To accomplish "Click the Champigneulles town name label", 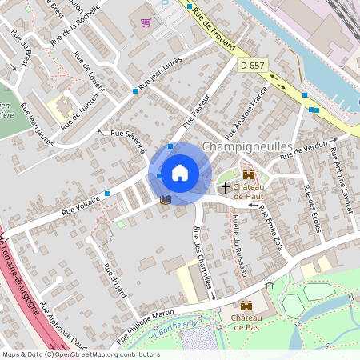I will coord(248,146).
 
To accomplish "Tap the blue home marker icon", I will coord(180,172).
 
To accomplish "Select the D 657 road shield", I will coord(253,64).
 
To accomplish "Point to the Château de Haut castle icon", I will coord(248,174).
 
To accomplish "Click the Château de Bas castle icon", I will coord(247,304).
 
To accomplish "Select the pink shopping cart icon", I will coord(146,22).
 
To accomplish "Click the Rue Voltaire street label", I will coord(86,204).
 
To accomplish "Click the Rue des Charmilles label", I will coord(202,258).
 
